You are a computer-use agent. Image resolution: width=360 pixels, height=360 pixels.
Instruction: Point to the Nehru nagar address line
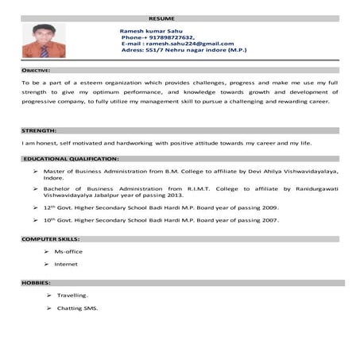183,51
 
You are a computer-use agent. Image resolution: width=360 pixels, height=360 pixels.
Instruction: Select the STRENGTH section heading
37,130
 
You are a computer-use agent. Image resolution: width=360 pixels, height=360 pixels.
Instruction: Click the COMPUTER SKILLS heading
51,238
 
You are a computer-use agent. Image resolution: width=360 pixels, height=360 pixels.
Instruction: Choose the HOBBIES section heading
36,283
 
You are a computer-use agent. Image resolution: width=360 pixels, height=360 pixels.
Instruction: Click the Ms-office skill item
68,251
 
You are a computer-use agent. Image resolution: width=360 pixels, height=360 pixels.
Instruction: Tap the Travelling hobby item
72,295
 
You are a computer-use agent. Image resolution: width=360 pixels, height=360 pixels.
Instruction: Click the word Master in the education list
53,172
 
